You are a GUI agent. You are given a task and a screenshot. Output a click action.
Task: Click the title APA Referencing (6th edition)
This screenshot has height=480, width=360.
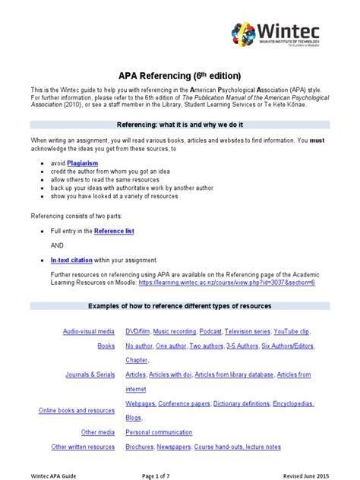coord(180,75)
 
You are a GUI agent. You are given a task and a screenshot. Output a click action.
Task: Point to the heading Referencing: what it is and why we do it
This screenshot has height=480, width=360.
coord(180,123)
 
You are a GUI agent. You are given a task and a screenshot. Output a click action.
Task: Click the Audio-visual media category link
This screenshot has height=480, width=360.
coord(90,332)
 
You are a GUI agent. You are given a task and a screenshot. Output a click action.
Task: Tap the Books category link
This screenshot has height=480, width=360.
coord(106,346)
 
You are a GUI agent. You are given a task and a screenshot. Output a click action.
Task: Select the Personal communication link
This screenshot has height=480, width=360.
coord(163,432)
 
